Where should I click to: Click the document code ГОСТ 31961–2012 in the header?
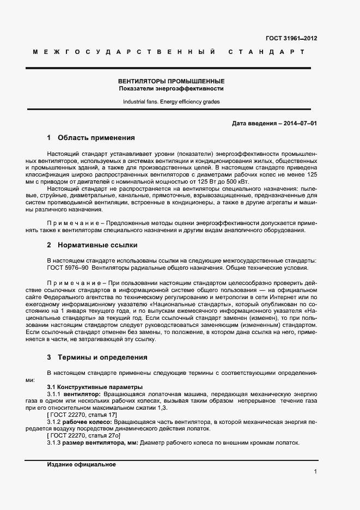(291, 38)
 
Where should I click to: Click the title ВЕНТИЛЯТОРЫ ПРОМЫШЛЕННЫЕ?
(172, 81)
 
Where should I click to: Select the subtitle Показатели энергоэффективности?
(172, 88)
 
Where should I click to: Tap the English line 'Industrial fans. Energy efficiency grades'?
(172, 101)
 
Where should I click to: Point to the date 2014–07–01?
(298, 124)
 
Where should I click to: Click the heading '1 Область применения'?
(90, 138)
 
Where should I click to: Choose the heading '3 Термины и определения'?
(97, 357)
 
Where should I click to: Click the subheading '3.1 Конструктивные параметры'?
(91, 386)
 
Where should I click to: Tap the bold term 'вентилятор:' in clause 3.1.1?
(82, 393)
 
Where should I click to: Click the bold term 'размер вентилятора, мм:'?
(101, 442)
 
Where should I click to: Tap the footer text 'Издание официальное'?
(82, 465)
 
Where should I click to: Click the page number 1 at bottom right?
(315, 472)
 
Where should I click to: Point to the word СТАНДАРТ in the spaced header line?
(266, 52)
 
